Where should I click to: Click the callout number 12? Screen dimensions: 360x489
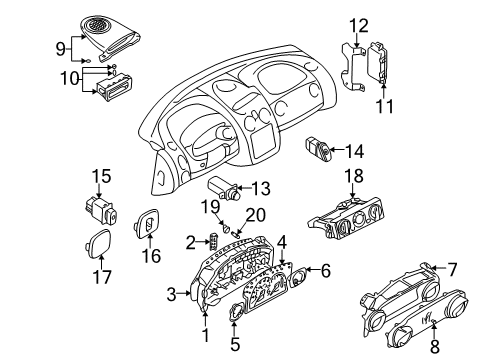pyautogui.click(x=359, y=23)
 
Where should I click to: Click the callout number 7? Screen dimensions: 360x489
pyautogui.click(x=451, y=268)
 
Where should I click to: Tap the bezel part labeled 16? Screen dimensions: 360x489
pyautogui.click(x=147, y=226)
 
